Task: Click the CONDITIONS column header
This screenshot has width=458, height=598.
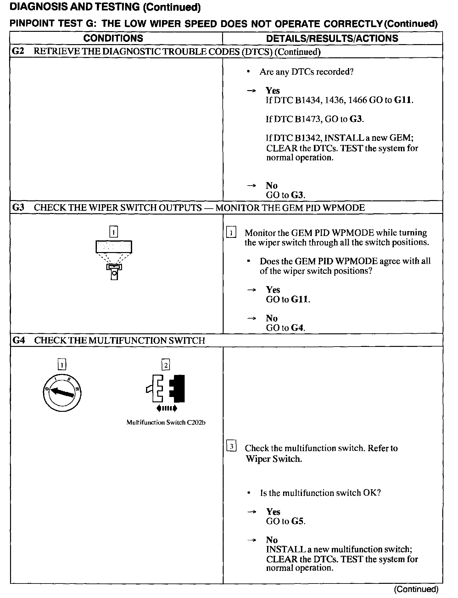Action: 113,38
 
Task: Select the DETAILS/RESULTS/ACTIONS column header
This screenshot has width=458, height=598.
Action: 332,38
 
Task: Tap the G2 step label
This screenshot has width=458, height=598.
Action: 18,51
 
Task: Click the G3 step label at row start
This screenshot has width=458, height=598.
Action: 18,208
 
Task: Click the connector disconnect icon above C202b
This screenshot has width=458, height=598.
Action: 166,391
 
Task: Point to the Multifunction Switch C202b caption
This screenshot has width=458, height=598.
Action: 166,423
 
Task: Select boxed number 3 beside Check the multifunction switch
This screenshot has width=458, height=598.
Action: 231,446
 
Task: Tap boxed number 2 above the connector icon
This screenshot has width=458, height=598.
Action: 166,365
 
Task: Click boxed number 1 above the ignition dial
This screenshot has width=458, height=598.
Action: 62,365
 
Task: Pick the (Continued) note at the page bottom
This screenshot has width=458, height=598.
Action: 416,589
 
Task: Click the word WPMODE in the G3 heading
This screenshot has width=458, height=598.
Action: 346,208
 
